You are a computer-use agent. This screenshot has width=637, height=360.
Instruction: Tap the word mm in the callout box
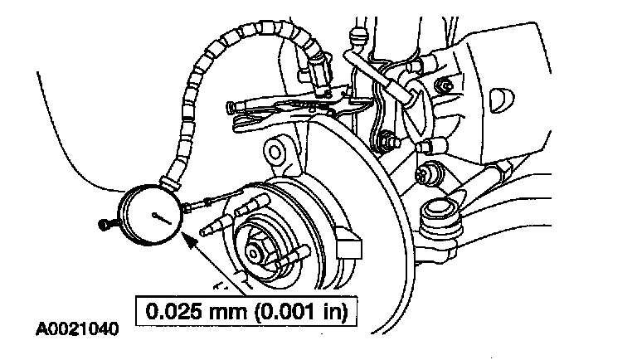223,314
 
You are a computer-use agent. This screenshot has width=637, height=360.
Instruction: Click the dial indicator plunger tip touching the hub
217,202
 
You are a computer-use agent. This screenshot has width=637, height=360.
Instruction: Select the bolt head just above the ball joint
428,175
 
